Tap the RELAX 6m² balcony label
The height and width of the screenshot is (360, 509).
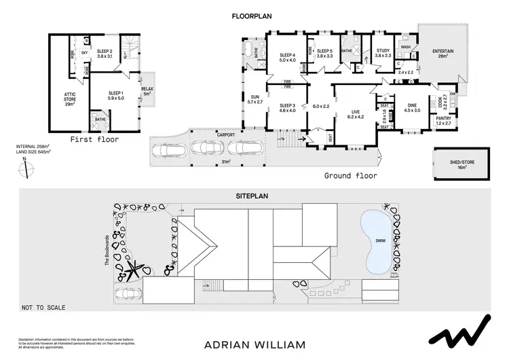point(147,91)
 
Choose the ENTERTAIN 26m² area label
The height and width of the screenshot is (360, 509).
point(444,53)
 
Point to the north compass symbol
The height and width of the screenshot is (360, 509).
point(25,166)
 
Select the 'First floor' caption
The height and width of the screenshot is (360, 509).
point(95,139)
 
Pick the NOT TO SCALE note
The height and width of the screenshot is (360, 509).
point(43,308)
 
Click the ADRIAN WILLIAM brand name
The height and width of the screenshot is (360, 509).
point(254,344)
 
